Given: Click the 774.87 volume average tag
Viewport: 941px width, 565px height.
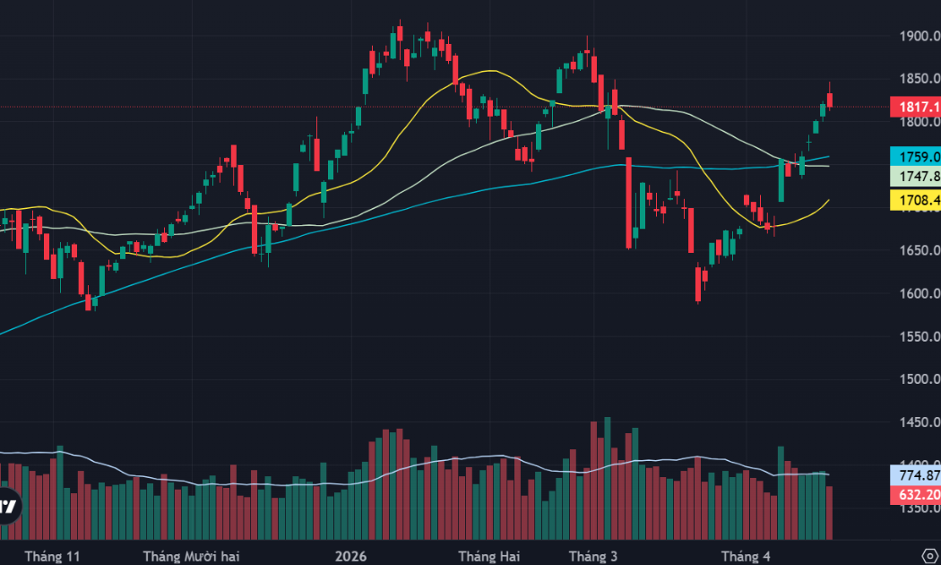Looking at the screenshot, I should coord(915,474).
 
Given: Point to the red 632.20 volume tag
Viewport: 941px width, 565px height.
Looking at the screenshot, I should coord(915,494).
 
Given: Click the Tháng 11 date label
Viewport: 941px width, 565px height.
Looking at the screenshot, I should coord(53,556).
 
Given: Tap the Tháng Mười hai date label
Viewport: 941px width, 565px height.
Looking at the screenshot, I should coord(191,556).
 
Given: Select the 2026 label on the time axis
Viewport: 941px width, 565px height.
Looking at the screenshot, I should coord(351,556).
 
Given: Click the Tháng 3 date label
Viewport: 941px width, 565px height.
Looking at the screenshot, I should coord(592,556).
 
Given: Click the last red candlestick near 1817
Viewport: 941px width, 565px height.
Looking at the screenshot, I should coord(831,100).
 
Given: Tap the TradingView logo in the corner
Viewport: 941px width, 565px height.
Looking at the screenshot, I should coord(8,507).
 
